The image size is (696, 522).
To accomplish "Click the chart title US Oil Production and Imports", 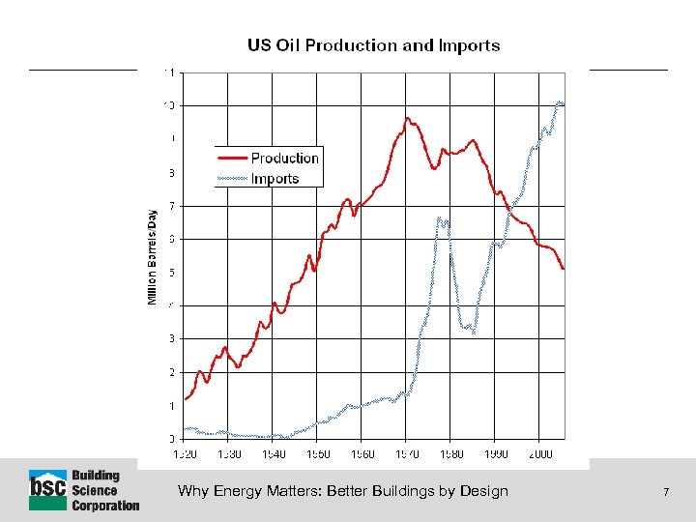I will [x=373, y=45].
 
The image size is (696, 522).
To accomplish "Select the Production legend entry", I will [x=284, y=159].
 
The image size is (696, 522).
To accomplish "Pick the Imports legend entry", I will [x=275, y=179].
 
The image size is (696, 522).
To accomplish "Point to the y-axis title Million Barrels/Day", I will [x=152, y=256].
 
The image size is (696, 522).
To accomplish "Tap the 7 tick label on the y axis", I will [x=171, y=206].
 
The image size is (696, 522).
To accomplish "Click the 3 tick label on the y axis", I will [x=171, y=339].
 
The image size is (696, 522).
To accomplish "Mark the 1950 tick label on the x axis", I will [x=318, y=452].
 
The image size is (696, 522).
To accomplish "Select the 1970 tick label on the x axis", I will [x=407, y=452].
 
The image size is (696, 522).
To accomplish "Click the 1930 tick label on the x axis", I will [x=229, y=452].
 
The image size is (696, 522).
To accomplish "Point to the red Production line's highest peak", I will [x=408, y=119].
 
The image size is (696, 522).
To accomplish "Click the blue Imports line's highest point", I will [x=560, y=101].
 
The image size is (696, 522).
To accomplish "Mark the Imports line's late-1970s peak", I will [x=441, y=218].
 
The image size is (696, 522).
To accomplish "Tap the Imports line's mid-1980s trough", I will [x=473, y=332].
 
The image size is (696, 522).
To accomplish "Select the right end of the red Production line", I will [x=564, y=269].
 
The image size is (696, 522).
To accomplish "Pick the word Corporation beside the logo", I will [x=105, y=505].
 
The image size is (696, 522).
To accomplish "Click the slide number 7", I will [x=666, y=492].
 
